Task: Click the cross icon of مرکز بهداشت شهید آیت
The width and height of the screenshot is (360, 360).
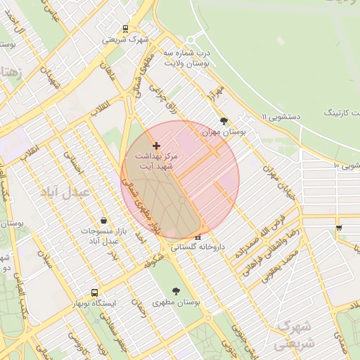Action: coord(156,146)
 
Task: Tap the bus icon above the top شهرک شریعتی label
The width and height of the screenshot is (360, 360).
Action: coord(125,29)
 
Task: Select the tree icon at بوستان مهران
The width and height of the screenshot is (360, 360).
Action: coord(224,121)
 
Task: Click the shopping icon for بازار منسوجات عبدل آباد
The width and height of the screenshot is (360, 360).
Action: coord(104,220)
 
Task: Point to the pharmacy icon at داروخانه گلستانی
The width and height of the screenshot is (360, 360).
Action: coord(198,237)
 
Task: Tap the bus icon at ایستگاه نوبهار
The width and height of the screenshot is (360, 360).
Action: coord(94,292)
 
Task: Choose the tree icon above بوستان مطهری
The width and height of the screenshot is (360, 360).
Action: coord(175,290)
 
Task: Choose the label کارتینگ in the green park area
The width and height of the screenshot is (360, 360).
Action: coord(340,112)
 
